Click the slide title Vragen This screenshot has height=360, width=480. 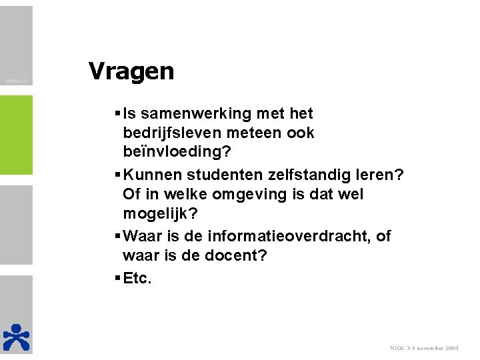(x=131, y=71)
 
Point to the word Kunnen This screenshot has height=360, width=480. (x=152, y=175)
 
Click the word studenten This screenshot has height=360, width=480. (x=220, y=175)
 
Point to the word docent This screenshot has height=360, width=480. (x=230, y=255)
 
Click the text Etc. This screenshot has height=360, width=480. (x=138, y=278)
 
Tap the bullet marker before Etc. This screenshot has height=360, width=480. (x=117, y=278)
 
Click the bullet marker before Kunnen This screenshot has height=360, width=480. (x=117, y=175)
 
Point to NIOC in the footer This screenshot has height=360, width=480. (x=398, y=348)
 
